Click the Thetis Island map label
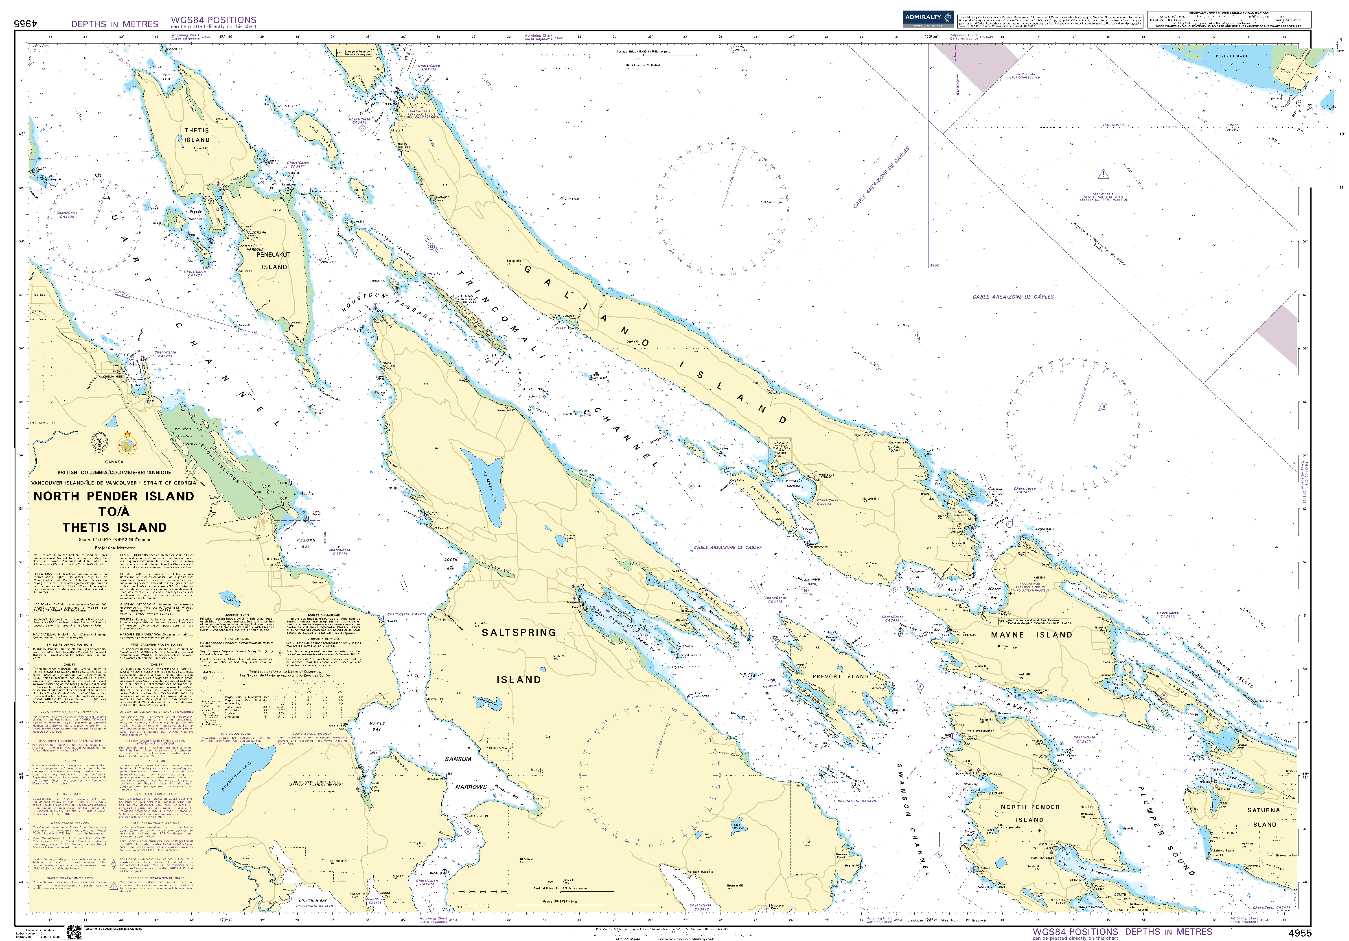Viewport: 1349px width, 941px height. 197,135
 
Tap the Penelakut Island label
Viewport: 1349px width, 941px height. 273,260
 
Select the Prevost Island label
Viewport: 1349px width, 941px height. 840,677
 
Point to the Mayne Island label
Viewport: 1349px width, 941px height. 1031,635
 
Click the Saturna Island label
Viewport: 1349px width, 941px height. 1263,817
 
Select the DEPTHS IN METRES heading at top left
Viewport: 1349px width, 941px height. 114,24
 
